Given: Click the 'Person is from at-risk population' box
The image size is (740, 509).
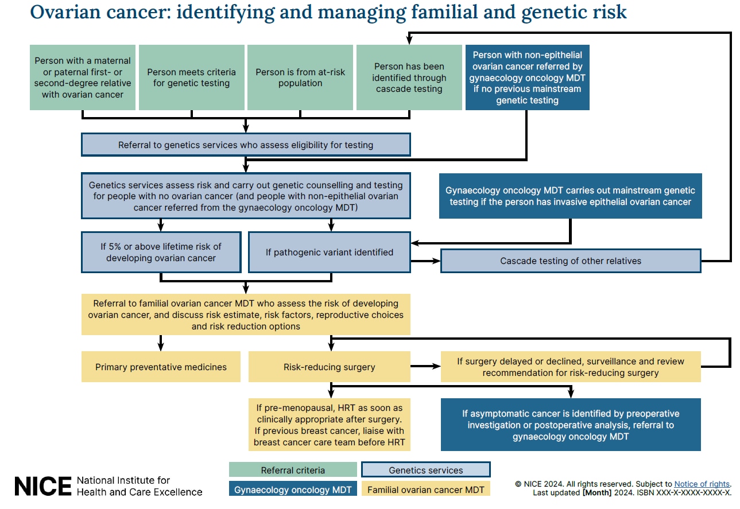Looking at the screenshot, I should [300, 77].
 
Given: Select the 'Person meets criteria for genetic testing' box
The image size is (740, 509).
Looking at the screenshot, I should [191, 77].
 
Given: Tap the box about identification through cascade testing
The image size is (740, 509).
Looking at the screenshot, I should [409, 77].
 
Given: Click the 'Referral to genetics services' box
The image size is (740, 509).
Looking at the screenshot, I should [246, 145].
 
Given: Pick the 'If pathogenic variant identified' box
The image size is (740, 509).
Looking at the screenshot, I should [329, 252].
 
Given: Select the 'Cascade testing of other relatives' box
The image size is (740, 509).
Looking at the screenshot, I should [571, 261].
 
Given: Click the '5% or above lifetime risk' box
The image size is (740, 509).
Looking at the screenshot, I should [161, 252].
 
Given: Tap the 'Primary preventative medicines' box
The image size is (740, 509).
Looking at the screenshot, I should [161, 367].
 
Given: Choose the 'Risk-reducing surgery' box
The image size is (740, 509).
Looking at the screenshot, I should [329, 367].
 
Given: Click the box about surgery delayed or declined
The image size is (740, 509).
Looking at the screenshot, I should [571, 367].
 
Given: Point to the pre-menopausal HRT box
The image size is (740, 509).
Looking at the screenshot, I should [329, 425].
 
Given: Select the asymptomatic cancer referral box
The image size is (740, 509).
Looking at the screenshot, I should [571, 425].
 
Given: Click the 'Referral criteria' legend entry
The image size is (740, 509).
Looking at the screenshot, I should [293, 470].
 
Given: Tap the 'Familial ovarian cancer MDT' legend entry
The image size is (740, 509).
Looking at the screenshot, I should [425, 489].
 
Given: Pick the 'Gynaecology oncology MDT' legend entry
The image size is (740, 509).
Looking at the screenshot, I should [293, 489].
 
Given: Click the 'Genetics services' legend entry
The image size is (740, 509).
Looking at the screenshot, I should [425, 470].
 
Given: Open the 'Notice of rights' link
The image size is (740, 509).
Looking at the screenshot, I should [702, 484].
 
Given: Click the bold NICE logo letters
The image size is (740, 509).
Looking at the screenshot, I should [43, 486].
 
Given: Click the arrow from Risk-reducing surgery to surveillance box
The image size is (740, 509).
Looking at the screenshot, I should [425, 366].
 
